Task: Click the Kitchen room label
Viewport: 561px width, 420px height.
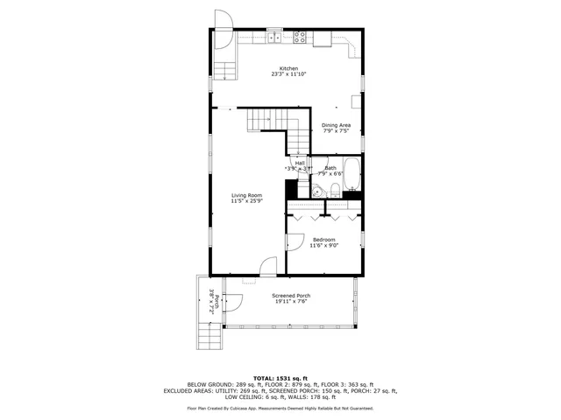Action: click(x=288, y=68)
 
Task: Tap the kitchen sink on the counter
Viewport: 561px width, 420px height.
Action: click(x=275, y=37)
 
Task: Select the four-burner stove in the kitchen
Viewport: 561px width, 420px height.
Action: click(x=300, y=37)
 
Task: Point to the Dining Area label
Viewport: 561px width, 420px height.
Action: click(x=336, y=125)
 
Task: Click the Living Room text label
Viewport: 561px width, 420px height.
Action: click(x=246, y=195)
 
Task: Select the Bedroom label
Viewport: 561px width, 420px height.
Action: click(x=323, y=240)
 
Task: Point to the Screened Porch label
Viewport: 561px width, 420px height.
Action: click(x=290, y=296)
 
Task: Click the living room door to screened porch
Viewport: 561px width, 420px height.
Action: click(x=268, y=265)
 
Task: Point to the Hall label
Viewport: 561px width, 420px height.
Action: click(x=300, y=163)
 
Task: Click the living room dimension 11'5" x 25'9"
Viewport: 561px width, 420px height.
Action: click(x=246, y=201)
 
